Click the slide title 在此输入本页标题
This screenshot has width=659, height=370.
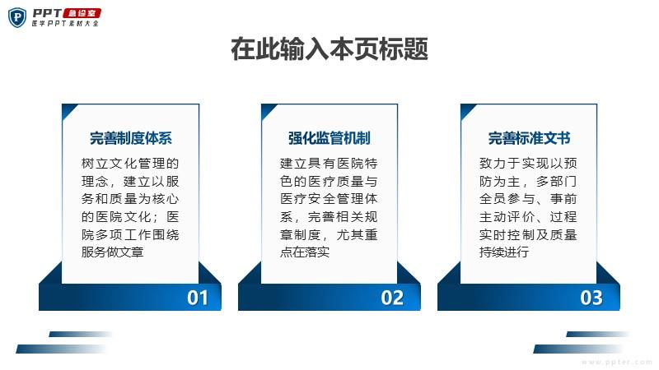tap(329, 49)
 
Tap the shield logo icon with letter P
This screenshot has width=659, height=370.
tap(17, 17)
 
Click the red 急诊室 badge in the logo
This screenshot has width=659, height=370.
tap(82, 13)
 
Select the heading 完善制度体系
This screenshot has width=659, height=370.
tap(131, 138)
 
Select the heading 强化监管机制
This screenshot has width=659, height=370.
tap(329, 138)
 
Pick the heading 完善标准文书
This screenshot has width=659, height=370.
tap(529, 138)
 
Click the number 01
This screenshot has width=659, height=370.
tap(198, 298)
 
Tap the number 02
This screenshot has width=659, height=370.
tap(392, 298)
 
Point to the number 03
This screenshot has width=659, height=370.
tap(591, 298)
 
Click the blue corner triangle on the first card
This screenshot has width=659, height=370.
tap(68, 110)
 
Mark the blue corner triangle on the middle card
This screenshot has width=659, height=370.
tap(266, 110)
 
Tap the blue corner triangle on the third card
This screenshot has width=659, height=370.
tap(465, 110)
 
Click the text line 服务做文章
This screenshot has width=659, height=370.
tap(113, 252)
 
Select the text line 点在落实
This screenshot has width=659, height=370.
tap(305, 252)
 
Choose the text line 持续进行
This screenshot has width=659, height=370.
tap(504, 252)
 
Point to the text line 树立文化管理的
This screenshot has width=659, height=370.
tap(130, 163)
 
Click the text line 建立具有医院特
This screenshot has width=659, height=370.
tap(329, 163)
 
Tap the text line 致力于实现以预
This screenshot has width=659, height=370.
tap(528, 163)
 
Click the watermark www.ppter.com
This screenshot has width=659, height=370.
tap(617, 362)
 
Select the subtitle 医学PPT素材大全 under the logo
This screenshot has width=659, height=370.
tap(66, 24)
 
